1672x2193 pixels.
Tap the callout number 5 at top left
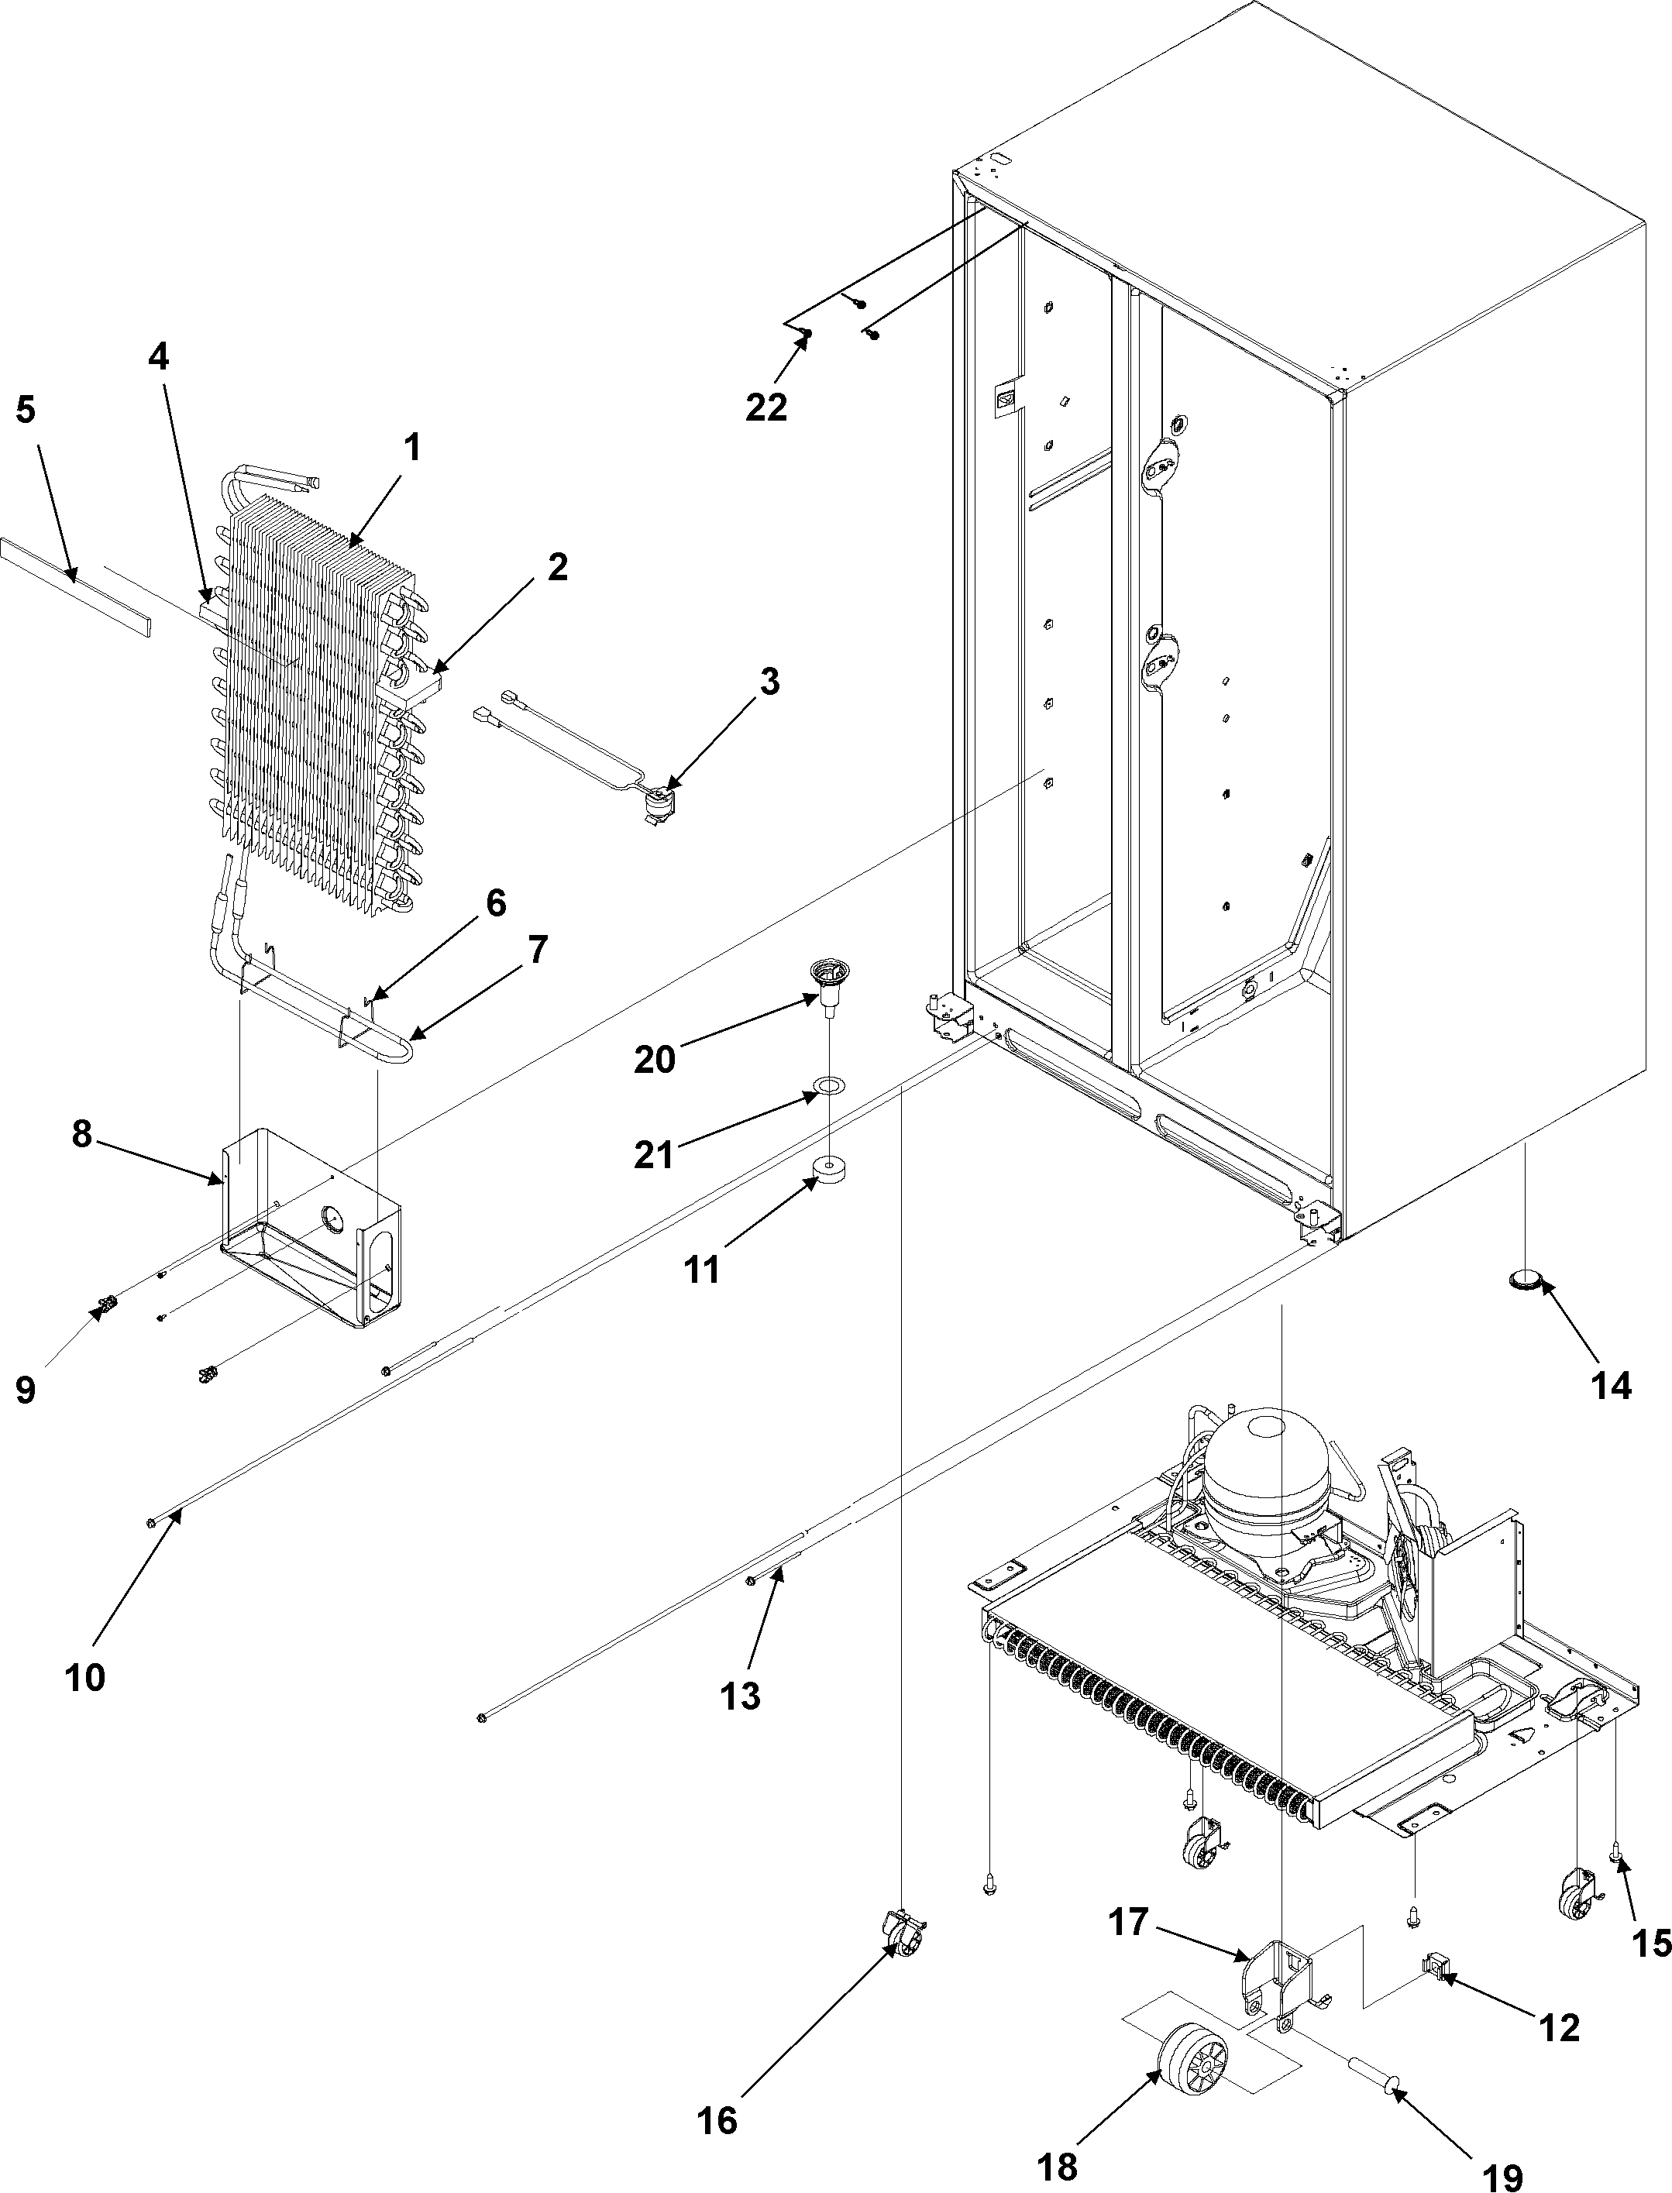[25, 409]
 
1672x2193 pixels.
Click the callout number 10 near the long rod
[84, 1678]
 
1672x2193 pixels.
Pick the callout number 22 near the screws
[766, 406]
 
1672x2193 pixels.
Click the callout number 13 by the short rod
[739, 1696]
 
